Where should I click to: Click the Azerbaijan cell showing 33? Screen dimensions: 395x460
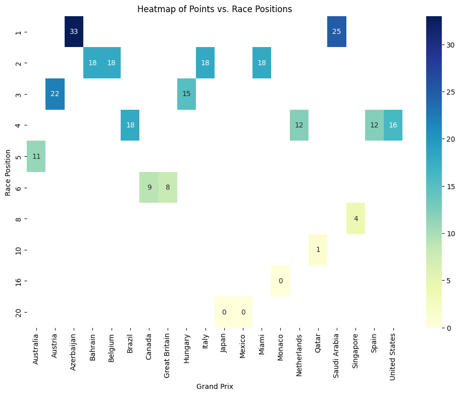(x=74, y=32)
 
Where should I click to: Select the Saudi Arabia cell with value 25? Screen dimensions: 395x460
(x=337, y=32)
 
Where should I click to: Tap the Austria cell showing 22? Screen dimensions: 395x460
(x=55, y=94)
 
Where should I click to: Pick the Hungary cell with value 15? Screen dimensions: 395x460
(x=187, y=94)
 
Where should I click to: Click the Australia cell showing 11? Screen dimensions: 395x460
(x=36, y=156)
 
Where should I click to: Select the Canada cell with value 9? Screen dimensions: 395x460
(x=149, y=188)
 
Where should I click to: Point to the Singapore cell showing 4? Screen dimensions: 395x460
(x=355, y=218)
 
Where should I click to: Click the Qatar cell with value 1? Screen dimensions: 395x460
(x=318, y=250)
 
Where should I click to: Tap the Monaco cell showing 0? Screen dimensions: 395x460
(x=281, y=281)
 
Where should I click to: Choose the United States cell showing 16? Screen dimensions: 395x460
(x=393, y=125)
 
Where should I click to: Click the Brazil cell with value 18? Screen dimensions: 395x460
(x=130, y=125)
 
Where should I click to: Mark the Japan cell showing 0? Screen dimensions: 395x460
(x=224, y=312)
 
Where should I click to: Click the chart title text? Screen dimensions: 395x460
(x=215, y=9)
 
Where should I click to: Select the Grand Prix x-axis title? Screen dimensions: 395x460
(x=215, y=386)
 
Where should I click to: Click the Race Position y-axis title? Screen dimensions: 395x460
(x=8, y=172)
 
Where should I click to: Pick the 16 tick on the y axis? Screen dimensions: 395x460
(x=18, y=281)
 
